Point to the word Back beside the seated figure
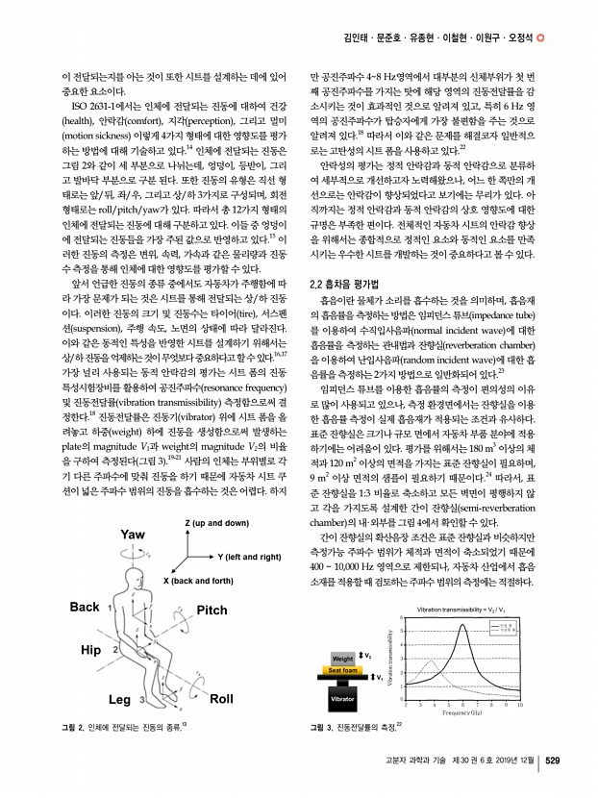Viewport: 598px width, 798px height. coord(85,580)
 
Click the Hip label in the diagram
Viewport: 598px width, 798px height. coord(90,650)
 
